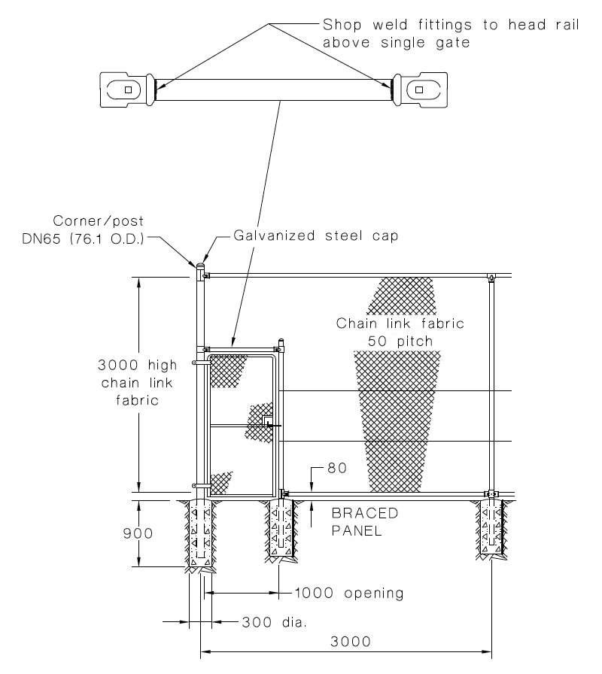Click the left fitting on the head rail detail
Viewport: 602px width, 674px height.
point(126,90)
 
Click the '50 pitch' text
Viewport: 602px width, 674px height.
point(400,341)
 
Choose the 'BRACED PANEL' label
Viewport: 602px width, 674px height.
point(365,521)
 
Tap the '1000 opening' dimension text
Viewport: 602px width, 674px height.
point(349,594)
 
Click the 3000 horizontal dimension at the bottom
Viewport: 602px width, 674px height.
point(350,642)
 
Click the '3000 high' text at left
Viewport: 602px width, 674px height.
point(138,366)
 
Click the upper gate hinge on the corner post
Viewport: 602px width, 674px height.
point(198,363)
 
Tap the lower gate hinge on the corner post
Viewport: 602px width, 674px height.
point(198,485)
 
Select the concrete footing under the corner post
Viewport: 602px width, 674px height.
point(200,533)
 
